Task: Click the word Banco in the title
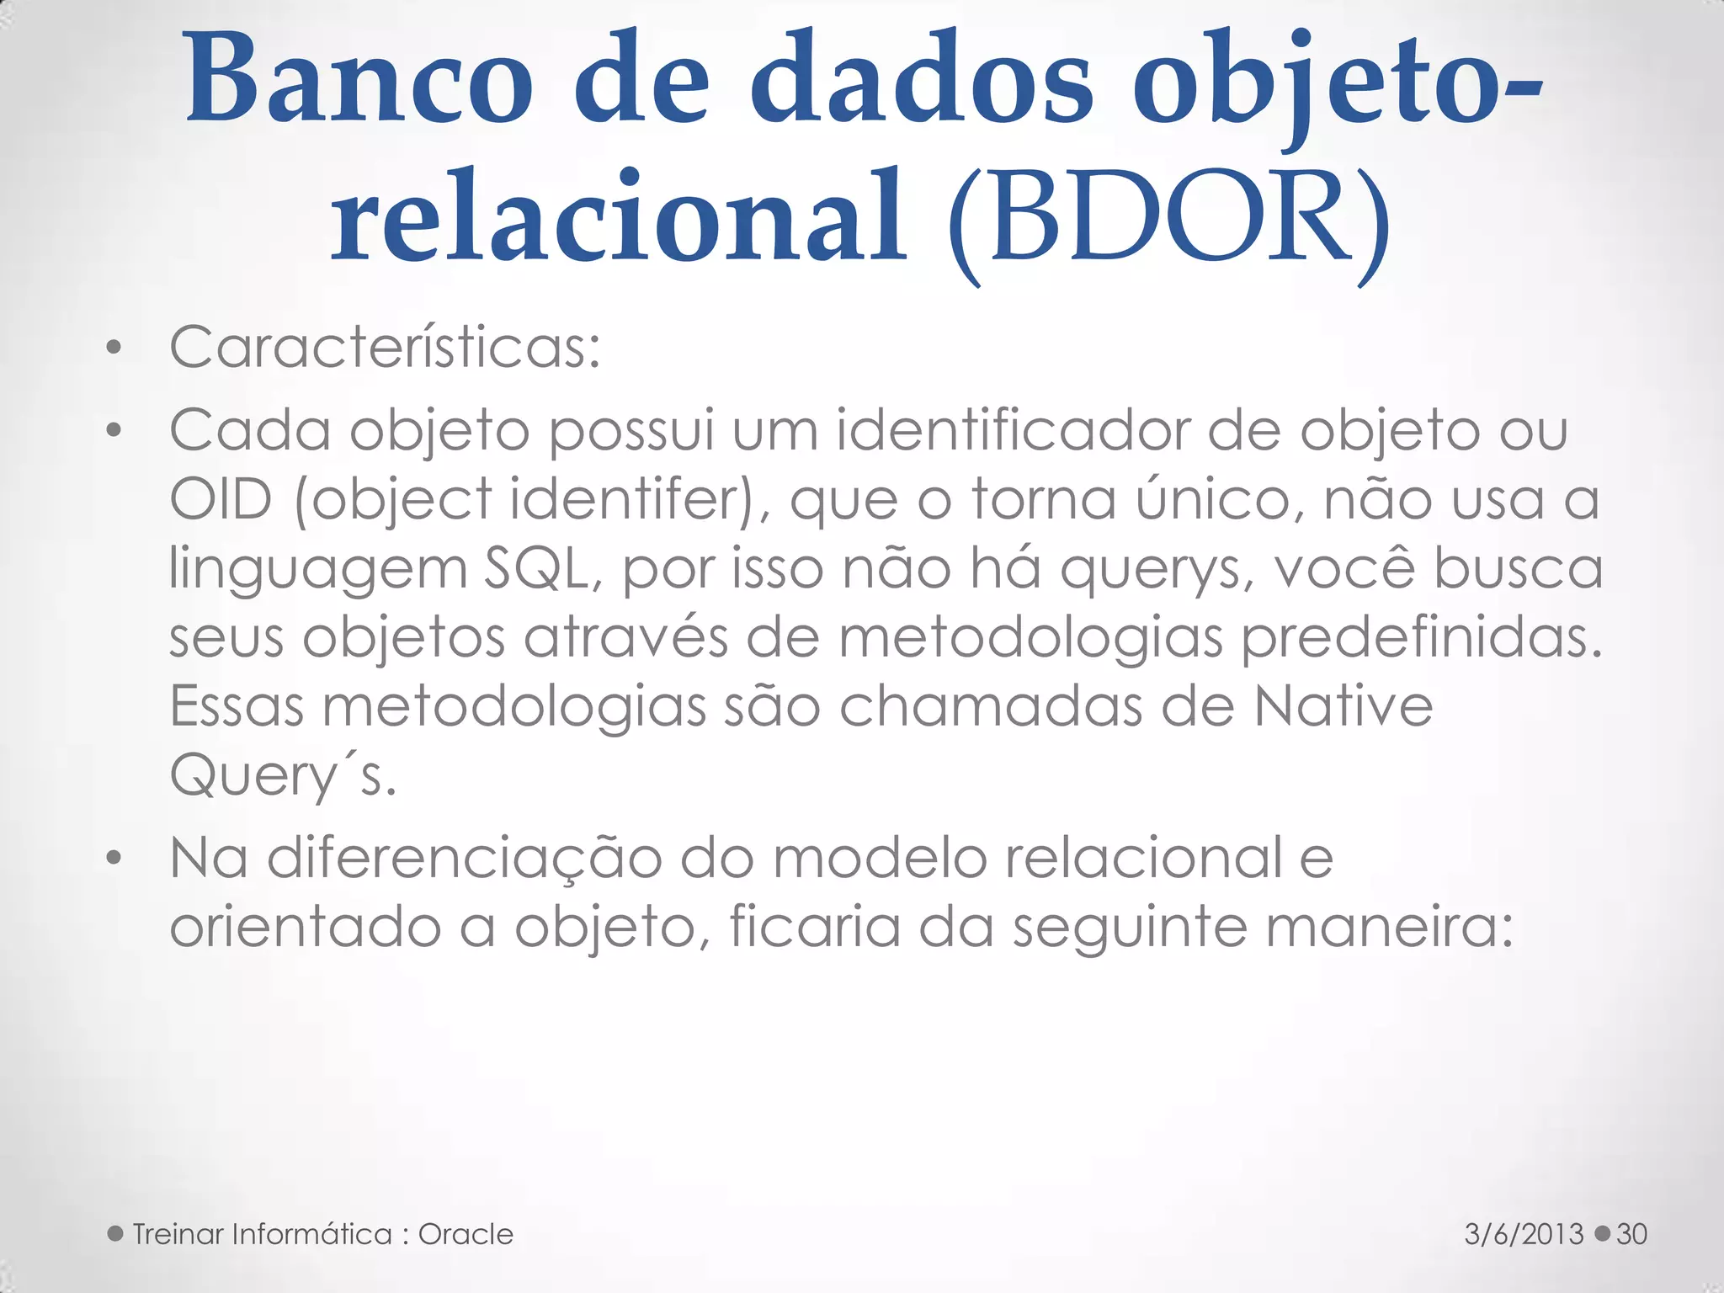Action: tap(359, 80)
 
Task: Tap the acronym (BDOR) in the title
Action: tap(1168, 221)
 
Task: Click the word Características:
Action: tap(386, 347)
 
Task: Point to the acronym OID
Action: tap(221, 499)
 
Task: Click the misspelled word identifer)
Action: tap(641, 499)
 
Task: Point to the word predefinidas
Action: tap(1423, 638)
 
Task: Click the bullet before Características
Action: tap(114, 348)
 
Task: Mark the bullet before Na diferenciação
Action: tap(114, 859)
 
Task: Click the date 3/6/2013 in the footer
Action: tap(1524, 1234)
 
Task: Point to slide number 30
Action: tap(1631, 1234)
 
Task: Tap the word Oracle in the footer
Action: tap(466, 1234)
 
